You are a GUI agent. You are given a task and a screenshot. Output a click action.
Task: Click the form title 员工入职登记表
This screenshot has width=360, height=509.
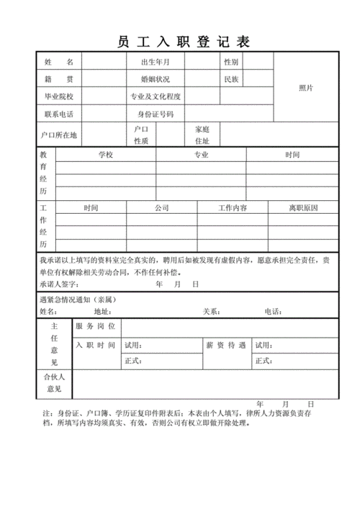[x=183, y=42]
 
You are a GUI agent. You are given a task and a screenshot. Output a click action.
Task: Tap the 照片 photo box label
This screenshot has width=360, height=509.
[x=306, y=88]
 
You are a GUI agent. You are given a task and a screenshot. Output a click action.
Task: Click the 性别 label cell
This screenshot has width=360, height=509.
[x=232, y=62]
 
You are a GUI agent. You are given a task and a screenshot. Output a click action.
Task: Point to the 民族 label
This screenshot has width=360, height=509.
[x=232, y=78]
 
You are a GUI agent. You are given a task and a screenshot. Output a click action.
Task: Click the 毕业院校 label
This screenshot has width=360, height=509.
[x=58, y=96]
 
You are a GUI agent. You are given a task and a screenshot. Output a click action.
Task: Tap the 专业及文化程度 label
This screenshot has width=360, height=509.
[x=156, y=96]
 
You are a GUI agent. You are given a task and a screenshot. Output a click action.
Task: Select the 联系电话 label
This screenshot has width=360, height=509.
[x=58, y=114]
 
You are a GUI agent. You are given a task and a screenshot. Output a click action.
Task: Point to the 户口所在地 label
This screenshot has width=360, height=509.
[x=58, y=135]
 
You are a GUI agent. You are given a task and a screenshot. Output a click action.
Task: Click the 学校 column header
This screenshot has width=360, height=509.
[x=106, y=155]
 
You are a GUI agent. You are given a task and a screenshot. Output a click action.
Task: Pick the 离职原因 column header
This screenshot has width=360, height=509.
[x=303, y=208]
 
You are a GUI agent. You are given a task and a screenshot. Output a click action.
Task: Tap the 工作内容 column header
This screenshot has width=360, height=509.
[x=233, y=208]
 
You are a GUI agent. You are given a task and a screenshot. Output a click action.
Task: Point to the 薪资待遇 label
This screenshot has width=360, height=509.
[x=230, y=346]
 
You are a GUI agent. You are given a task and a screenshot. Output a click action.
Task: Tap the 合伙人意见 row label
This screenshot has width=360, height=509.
[x=54, y=383]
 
